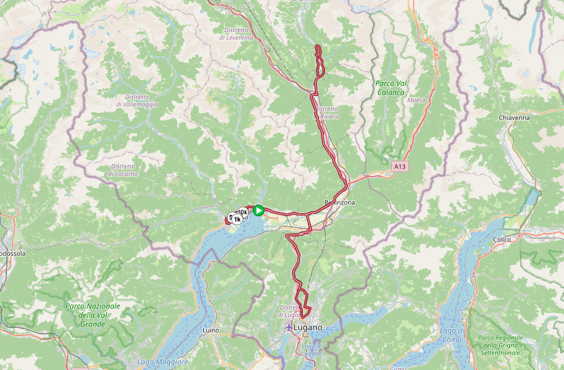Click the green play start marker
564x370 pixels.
259,211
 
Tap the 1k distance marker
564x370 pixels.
237,219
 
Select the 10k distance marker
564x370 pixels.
243,213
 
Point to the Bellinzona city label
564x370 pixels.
340,202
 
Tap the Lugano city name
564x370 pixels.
308,328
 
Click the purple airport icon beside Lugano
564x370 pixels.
289,328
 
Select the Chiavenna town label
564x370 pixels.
514,118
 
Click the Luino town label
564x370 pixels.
210,330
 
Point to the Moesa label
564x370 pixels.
416,100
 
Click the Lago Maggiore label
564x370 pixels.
162,362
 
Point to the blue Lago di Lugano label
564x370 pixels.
312,349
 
